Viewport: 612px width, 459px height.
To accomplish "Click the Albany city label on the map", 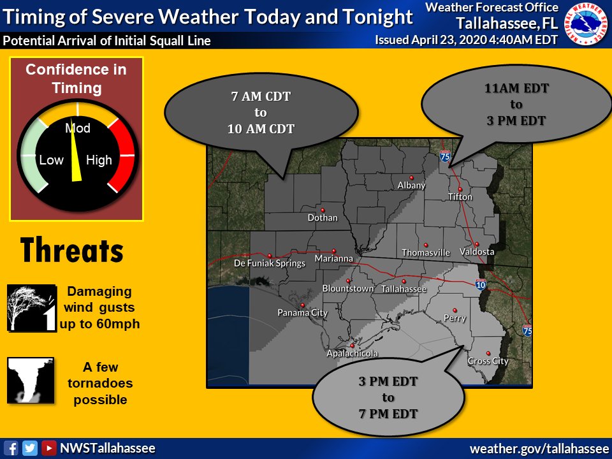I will pyautogui.click(x=411, y=186).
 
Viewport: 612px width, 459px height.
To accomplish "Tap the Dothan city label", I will pyautogui.click(x=322, y=217).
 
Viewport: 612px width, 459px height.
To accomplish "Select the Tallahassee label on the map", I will pyautogui.click(x=404, y=289).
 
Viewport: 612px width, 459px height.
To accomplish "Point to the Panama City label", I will pyautogui.click(x=302, y=312).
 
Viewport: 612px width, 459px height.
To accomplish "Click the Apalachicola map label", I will pyautogui.click(x=352, y=353).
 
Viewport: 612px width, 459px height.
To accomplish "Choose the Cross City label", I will pyautogui.click(x=488, y=361).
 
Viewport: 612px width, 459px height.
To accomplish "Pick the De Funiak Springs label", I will pyautogui.click(x=270, y=263).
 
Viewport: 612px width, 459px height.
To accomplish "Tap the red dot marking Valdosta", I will pyautogui.click(x=476, y=244).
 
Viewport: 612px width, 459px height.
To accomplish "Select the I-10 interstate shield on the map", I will pyautogui.click(x=481, y=284).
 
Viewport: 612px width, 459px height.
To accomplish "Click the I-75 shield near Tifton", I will pyautogui.click(x=445, y=156).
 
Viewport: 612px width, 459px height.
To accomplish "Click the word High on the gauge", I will pyautogui.click(x=99, y=161).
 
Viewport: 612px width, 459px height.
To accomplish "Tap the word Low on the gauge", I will pyautogui.click(x=52, y=161).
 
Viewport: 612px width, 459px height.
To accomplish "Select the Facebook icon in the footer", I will pyautogui.click(x=11, y=448).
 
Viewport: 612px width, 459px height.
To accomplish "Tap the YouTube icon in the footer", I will pyautogui.click(x=48, y=448).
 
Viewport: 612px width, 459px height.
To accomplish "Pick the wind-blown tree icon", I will pyautogui.click(x=31, y=308).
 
